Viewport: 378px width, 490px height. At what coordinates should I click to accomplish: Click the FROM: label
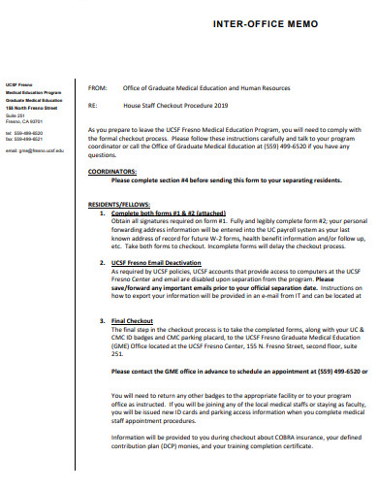click(x=97, y=86)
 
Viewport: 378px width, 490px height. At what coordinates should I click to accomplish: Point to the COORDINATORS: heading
click(x=113, y=171)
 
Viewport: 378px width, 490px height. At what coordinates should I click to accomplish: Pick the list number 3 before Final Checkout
click(x=104, y=319)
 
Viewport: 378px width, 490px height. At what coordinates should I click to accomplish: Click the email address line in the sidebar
click(x=35, y=151)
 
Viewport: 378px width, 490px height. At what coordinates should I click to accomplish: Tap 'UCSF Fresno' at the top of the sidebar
click(x=18, y=84)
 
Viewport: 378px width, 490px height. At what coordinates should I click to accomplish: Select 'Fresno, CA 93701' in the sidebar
click(x=25, y=120)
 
